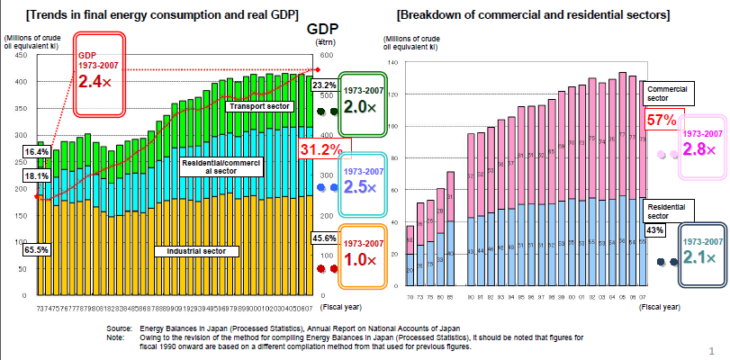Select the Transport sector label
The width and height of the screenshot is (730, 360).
[258, 106]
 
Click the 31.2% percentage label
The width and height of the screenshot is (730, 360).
[320, 148]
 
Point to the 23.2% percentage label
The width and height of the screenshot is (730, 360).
[324, 85]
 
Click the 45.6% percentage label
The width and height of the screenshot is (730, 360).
[324, 238]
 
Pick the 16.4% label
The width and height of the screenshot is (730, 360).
[37, 152]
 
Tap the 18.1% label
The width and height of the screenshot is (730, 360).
[37, 176]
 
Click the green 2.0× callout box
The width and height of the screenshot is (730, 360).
[362, 105]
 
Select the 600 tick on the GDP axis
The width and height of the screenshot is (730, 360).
[324, 55]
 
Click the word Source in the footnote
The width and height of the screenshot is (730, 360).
[120, 329]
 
